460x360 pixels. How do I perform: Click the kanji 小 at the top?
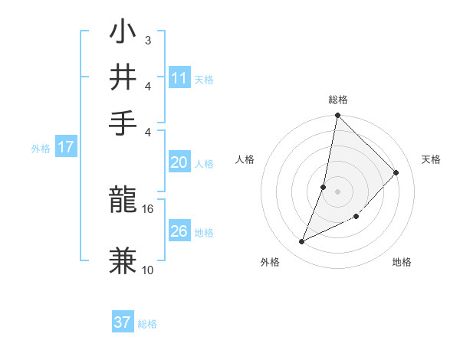pyautogui.click(x=123, y=34)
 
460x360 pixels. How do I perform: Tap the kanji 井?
pyautogui.click(x=123, y=77)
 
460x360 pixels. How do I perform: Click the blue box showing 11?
pyautogui.click(x=179, y=78)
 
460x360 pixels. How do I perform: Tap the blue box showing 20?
pyautogui.click(x=179, y=162)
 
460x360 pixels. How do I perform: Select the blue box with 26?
pyautogui.click(x=179, y=231)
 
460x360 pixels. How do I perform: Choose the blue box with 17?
pyautogui.click(x=65, y=148)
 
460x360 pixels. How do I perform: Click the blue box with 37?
pyautogui.click(x=123, y=322)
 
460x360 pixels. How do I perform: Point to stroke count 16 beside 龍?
pyautogui.click(x=148, y=208)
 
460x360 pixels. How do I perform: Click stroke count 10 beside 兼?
pyautogui.click(x=148, y=270)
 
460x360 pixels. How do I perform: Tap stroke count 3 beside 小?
pyautogui.click(x=147, y=40)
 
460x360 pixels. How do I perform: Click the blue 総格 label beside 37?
pyautogui.click(x=147, y=324)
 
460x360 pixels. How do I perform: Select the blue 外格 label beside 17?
pyautogui.click(x=40, y=149)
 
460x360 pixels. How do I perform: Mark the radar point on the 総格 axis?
pyautogui.click(x=337, y=116)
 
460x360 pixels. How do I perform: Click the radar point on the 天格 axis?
pyautogui.click(x=396, y=172)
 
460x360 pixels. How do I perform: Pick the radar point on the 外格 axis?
pyautogui.click(x=302, y=242)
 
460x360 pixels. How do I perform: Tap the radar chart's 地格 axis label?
pyautogui.click(x=402, y=262)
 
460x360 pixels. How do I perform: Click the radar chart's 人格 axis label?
pyautogui.click(x=245, y=159)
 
